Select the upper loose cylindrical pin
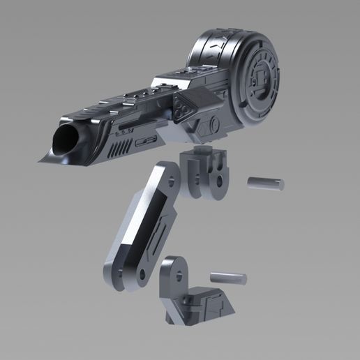(x=266, y=183)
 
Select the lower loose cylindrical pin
(x=228, y=277)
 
